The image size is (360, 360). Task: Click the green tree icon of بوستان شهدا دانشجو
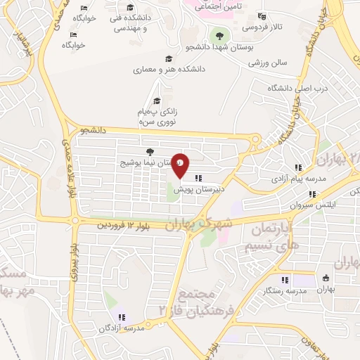(220, 34)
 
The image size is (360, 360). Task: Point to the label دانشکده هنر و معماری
(169, 70)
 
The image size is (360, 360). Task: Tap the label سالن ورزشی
(268, 62)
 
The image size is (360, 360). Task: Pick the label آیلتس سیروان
(296, 205)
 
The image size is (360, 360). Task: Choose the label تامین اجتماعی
(218, 5)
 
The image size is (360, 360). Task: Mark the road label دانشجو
(92, 130)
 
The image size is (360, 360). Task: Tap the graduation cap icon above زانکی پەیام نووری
(157, 101)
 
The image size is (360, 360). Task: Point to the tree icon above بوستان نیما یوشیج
(148, 151)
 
